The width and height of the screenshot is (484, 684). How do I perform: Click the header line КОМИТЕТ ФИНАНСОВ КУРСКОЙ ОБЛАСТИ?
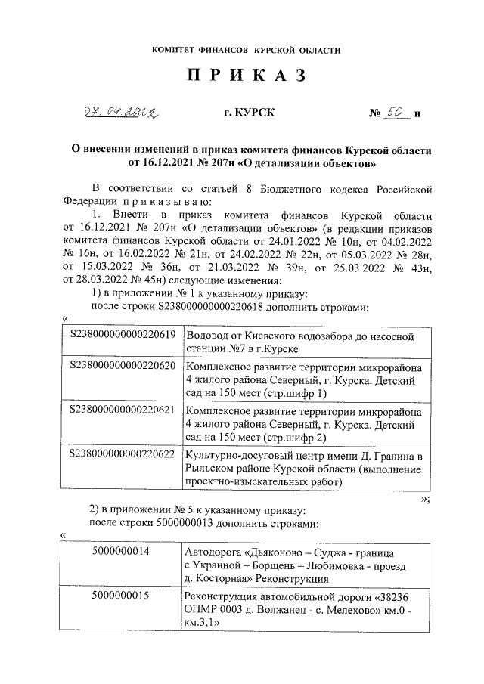246,50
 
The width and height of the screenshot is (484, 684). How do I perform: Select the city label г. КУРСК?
250,113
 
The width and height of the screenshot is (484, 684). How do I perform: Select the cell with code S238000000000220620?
123,367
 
